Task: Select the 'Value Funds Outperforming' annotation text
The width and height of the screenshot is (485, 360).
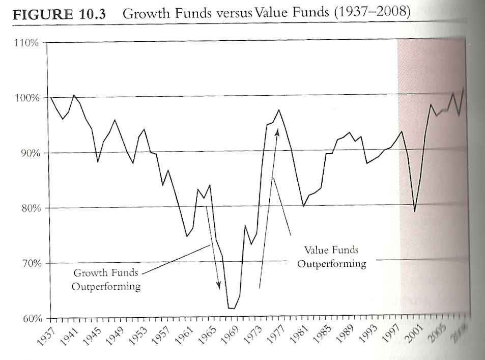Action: pyautogui.click(x=331, y=257)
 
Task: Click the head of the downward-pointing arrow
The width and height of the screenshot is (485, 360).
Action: pyautogui.click(x=219, y=287)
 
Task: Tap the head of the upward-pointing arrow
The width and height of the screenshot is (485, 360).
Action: pyautogui.click(x=277, y=131)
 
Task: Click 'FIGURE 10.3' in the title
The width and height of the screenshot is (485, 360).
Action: pyautogui.click(x=59, y=14)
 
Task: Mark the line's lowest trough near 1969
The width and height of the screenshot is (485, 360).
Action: pyautogui.click(x=232, y=309)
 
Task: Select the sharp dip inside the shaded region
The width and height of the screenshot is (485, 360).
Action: pyautogui.click(x=415, y=211)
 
